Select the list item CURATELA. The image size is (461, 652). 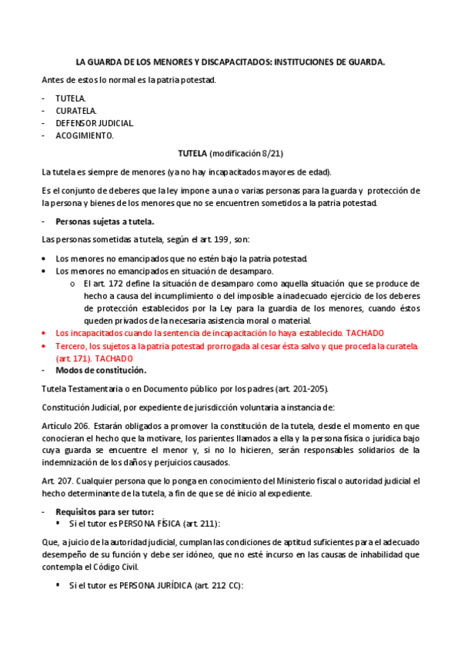[75, 111]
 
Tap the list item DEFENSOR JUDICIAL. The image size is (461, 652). [94, 123]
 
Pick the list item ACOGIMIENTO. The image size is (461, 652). [84, 135]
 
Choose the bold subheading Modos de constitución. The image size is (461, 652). [95, 371]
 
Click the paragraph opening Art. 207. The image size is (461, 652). [56, 481]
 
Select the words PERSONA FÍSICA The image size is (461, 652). [150, 524]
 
